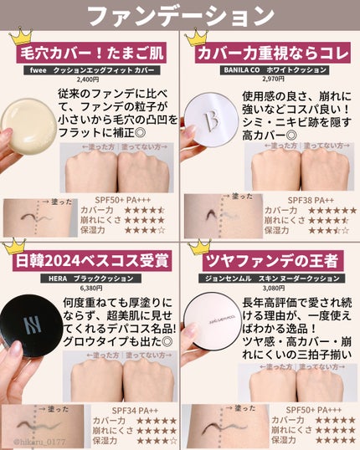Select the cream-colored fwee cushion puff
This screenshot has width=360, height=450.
(x=25, y=117)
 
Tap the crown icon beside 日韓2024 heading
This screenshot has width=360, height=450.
(x=18, y=248)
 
